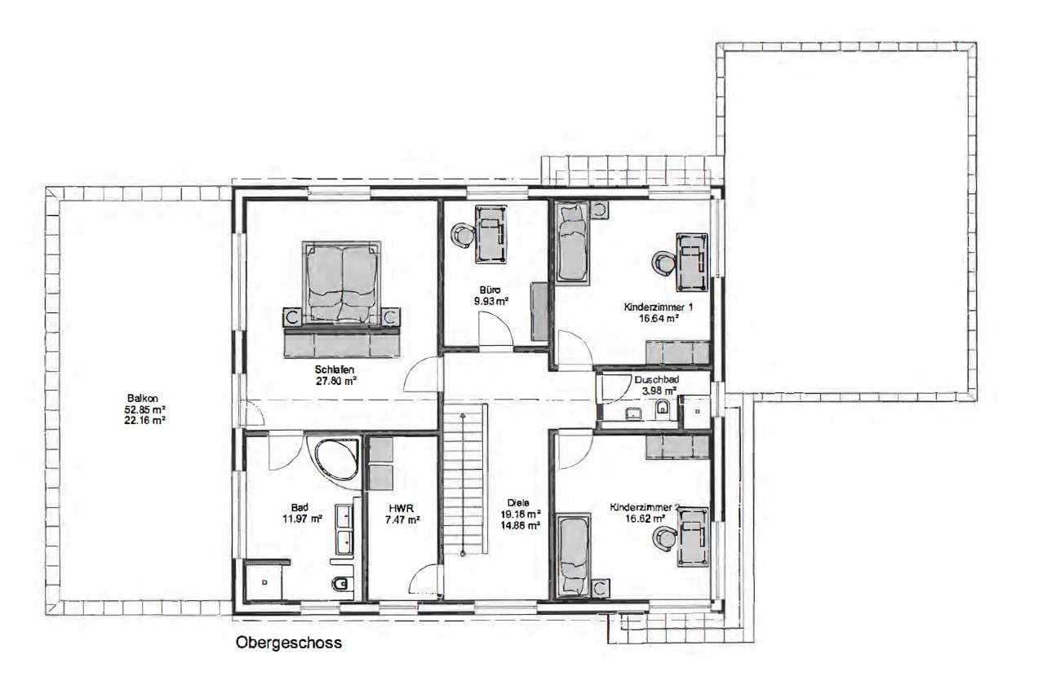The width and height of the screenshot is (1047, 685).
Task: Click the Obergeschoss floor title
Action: point(288,643)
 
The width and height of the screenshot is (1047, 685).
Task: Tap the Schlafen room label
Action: point(334,369)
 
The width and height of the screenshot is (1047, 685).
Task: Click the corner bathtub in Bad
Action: point(335,460)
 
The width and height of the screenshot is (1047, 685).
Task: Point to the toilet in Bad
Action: point(341,584)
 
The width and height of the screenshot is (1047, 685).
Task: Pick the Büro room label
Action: point(490,290)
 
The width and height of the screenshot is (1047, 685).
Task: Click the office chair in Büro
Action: point(463,233)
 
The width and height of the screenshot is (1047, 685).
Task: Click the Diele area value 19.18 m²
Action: point(521,514)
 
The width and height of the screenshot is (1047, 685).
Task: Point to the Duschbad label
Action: point(657,380)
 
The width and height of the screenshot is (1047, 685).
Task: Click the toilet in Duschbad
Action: point(663,408)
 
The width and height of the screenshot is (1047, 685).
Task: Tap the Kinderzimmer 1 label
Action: point(658,307)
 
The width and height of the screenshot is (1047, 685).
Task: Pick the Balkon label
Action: point(143,399)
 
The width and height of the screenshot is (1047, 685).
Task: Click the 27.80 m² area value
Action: point(336,381)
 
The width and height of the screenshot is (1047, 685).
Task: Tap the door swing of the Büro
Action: point(495,329)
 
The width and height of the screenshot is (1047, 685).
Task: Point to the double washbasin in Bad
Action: point(344,529)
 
